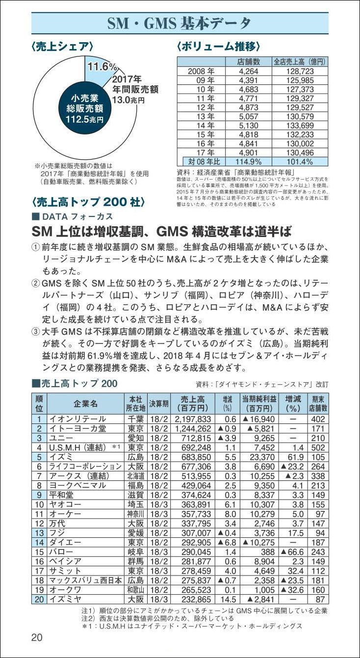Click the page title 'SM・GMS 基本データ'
click(180, 23)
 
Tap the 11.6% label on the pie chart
click(102, 66)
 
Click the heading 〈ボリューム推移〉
click(218, 47)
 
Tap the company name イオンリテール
click(77, 419)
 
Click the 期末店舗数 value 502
click(318, 447)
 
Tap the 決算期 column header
click(159, 403)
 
